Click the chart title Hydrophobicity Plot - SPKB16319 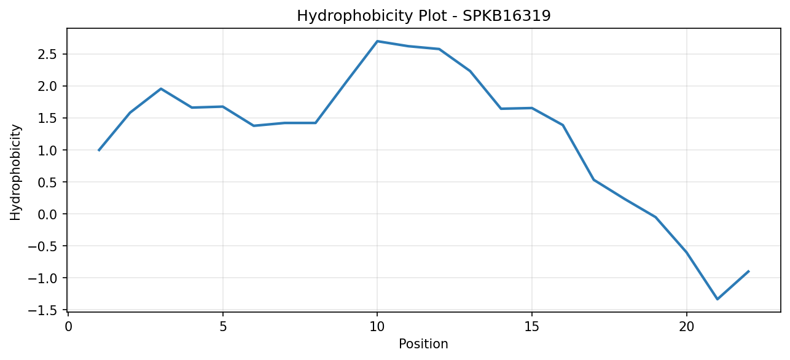click(424, 16)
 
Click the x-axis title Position click(423, 344)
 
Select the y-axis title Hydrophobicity click(15, 173)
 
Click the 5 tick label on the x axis click(223, 327)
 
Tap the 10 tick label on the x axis click(377, 327)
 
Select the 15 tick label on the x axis click(532, 327)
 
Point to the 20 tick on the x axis click(687, 327)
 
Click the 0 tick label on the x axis click(68, 327)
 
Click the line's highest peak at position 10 click(377, 41)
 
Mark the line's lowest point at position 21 click(718, 299)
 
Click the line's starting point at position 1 click(99, 151)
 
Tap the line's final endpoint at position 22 click(748, 271)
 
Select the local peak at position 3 click(161, 89)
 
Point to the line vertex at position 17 click(594, 180)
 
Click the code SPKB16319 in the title click(506, 16)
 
